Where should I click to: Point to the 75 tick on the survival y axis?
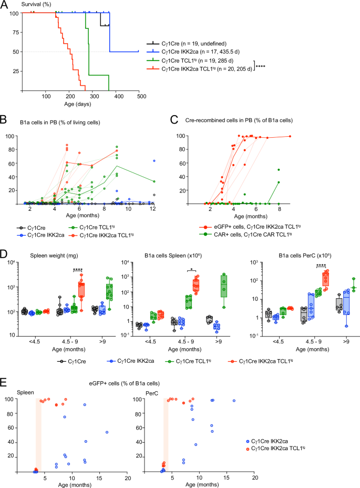14,32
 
